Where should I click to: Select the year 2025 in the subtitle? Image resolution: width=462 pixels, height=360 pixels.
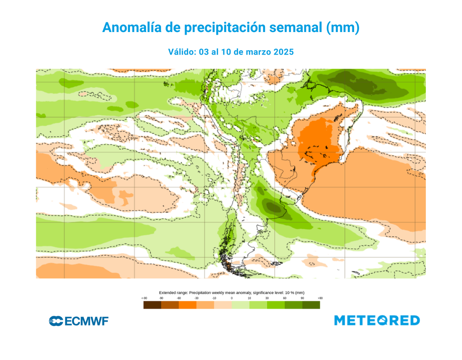(283, 52)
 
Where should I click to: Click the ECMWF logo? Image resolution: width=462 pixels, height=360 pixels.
(79, 321)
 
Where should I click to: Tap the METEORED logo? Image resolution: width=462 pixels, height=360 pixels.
(377, 320)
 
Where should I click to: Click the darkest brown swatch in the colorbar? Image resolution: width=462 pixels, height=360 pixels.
(152, 305)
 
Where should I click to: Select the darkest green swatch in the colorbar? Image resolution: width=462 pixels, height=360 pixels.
(311, 305)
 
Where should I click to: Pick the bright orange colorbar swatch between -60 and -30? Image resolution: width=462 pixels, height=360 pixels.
(187, 305)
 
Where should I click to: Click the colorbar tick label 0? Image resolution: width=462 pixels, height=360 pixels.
(232, 298)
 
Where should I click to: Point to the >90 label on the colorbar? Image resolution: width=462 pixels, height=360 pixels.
(320, 298)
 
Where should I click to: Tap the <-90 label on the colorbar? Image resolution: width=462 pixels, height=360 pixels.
(144, 298)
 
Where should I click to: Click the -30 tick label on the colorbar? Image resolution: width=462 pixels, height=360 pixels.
(196, 298)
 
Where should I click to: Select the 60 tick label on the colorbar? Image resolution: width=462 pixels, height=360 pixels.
(285, 298)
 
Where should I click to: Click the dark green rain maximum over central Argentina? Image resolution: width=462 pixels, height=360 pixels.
(273, 208)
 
